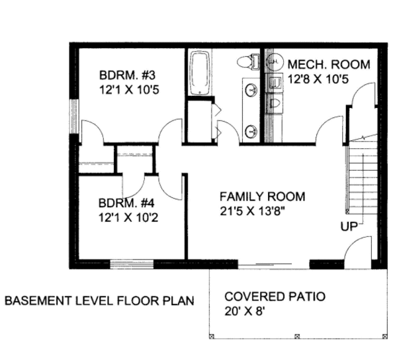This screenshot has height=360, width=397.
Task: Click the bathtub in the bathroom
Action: [200, 73]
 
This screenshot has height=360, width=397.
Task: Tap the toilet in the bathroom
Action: [248, 61]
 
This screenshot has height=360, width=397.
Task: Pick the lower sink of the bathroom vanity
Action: [251, 132]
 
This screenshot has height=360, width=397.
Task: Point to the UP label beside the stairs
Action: [349, 226]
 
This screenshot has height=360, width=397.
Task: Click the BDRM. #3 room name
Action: [127, 75]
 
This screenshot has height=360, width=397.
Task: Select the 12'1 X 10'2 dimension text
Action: [128, 218]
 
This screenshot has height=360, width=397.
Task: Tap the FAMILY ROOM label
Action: [262, 197]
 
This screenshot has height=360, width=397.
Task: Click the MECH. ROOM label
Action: [329, 64]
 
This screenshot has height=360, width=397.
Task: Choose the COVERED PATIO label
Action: [275, 296]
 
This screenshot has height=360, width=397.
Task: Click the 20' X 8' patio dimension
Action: [245, 311]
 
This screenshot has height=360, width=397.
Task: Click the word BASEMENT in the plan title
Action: [38, 300]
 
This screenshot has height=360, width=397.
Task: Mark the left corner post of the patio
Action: [212, 336]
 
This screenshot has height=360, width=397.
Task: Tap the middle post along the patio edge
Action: [298, 336]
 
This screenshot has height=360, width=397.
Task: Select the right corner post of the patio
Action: [385, 336]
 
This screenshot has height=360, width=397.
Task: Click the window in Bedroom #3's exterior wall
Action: [74, 116]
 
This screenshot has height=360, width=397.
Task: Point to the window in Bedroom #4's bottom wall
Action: [132, 264]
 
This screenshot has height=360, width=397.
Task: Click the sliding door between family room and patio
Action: [274, 264]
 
